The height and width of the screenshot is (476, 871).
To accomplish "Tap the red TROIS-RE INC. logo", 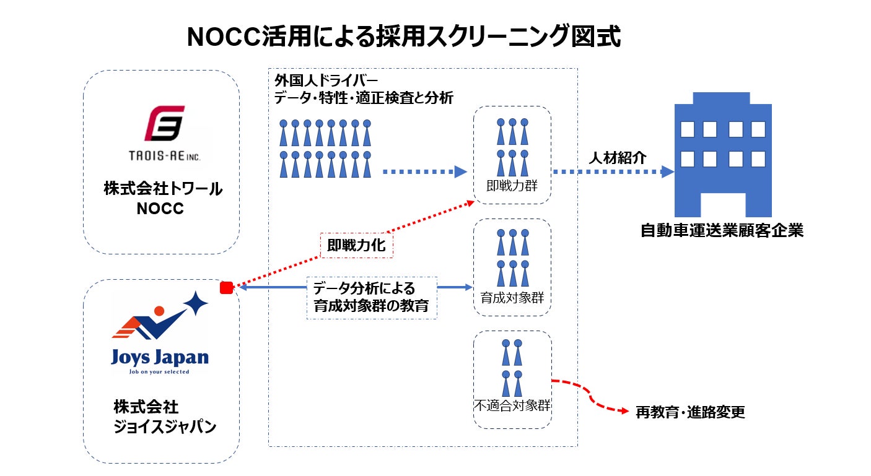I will click(164, 123).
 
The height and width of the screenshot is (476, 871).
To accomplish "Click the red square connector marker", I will click(227, 287).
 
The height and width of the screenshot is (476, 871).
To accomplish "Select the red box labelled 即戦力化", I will click(356, 245).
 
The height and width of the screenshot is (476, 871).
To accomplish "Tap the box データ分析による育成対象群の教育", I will click(372, 297).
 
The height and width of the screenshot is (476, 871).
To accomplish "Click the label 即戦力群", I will click(511, 185).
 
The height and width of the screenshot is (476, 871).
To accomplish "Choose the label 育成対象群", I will click(512, 297).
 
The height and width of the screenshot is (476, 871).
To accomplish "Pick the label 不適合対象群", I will click(512, 407).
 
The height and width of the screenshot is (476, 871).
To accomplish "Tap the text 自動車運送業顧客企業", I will click(722, 232).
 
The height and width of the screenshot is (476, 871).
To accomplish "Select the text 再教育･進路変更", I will click(690, 412).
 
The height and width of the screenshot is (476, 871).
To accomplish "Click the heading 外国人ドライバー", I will click(326, 81).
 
